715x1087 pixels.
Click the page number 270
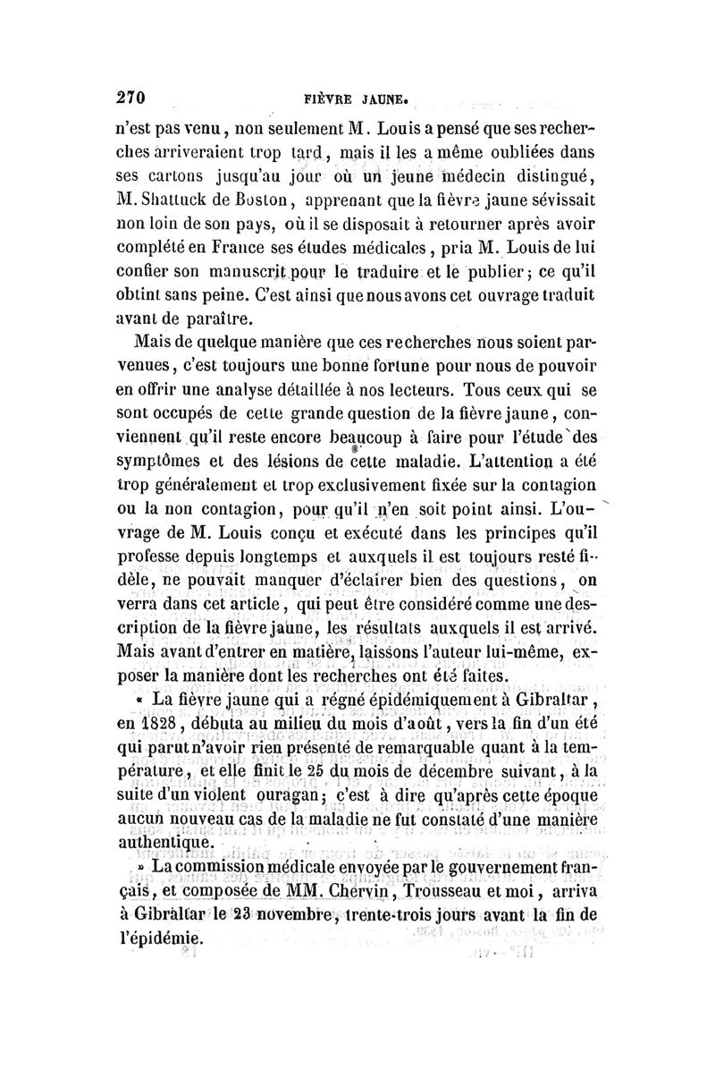130,97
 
